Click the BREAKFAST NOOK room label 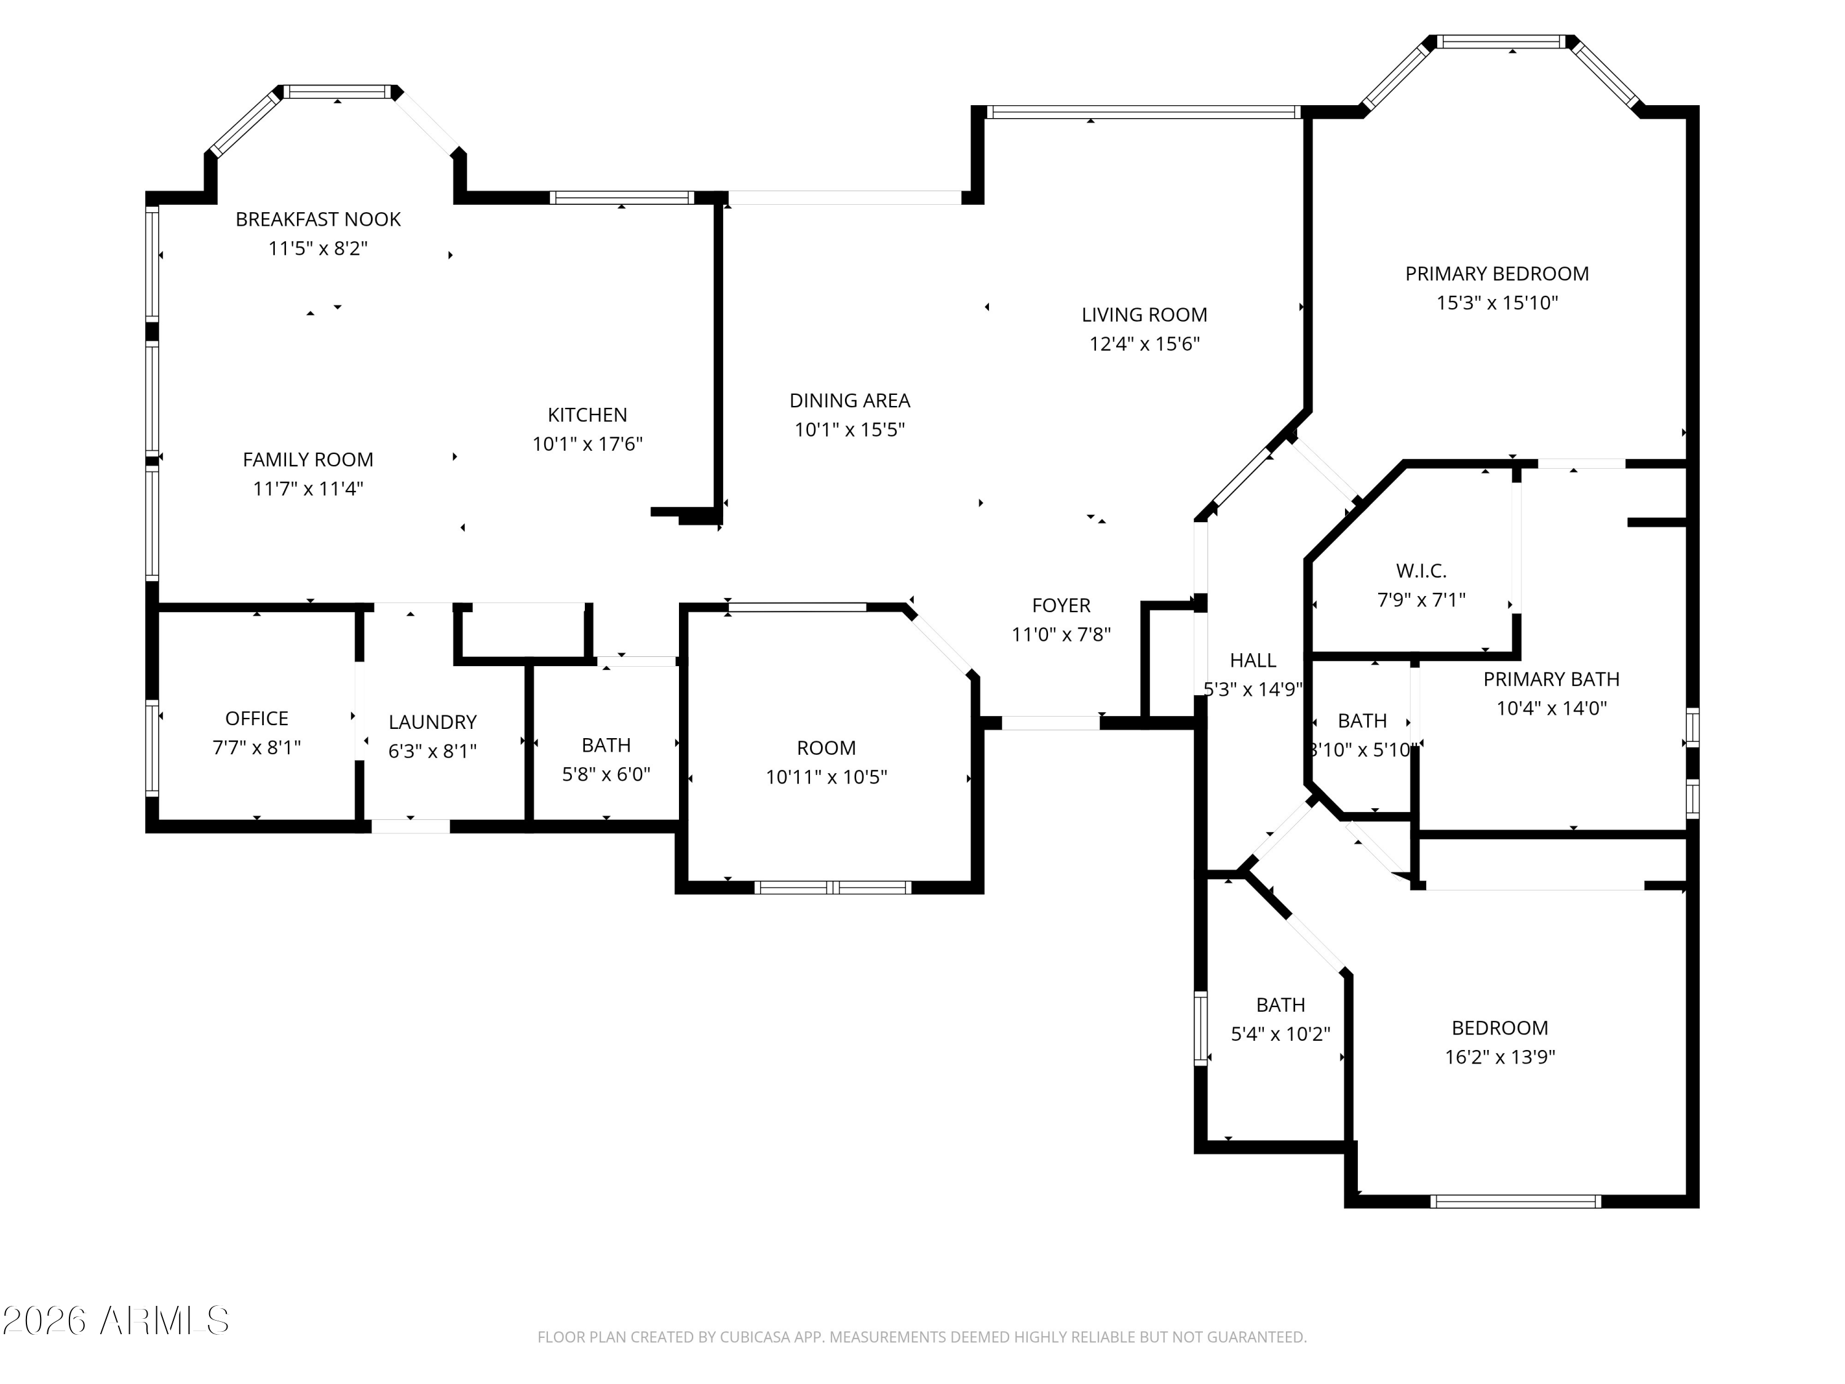pos(318,220)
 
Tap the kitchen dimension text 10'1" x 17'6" pos(587,444)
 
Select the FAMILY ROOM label pos(307,459)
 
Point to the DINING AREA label pos(849,400)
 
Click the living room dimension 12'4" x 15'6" pos(1145,344)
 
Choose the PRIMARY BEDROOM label pos(1496,274)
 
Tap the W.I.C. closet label pos(1421,571)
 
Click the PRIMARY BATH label pos(1550,680)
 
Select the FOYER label pos(1061,606)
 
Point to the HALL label pos(1253,661)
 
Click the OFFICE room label pos(257,719)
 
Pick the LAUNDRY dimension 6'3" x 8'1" pos(432,751)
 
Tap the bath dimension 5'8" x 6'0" pos(606,774)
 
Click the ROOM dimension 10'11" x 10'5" pos(826,778)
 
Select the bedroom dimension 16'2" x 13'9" pos(1500,1057)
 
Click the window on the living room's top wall pos(1142,113)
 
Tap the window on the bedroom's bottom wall pos(1515,1201)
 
